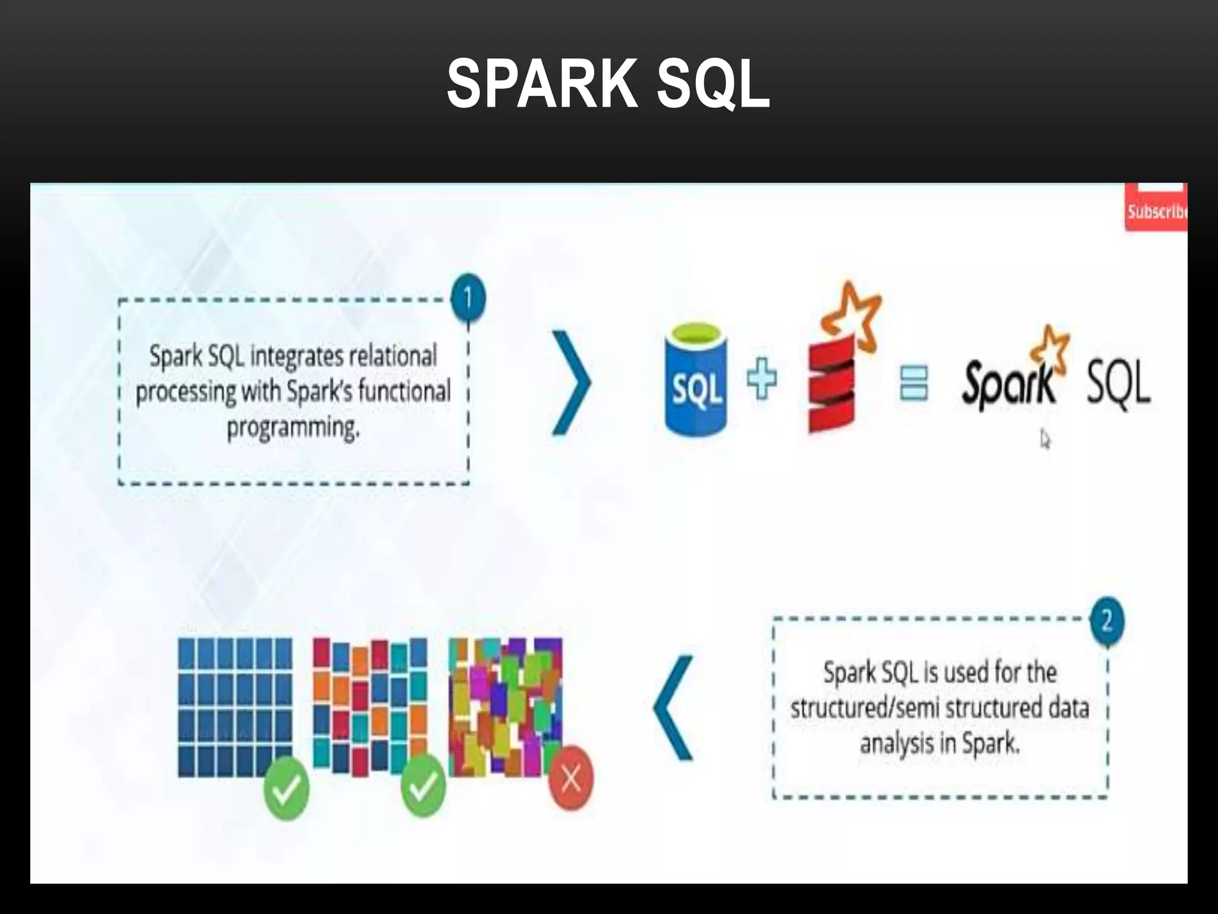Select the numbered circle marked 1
[468, 298]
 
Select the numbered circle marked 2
[1107, 621]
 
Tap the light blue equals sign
[913, 383]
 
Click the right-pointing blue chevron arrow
[572, 383]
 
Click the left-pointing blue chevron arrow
[674, 708]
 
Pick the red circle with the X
[571, 778]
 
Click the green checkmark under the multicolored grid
[423, 785]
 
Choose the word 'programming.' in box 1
[293, 428]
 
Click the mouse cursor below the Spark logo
[1045, 440]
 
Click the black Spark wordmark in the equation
[1008, 384]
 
